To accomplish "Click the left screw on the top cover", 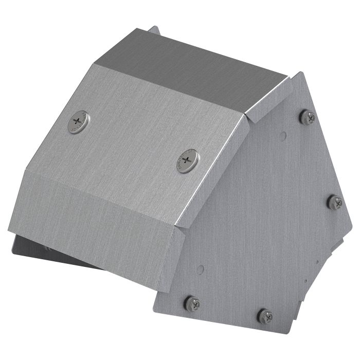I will pyautogui.click(x=78, y=122).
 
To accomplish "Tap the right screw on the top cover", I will pyautogui.click(x=188, y=160).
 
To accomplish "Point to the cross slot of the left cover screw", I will pyautogui.click(x=78, y=121).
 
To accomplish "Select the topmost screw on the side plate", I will pyautogui.click(x=307, y=117).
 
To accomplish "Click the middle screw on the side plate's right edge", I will pyautogui.click(x=335, y=202).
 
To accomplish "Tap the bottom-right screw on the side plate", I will pyautogui.click(x=265, y=315).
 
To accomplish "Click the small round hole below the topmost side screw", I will pyautogui.click(x=283, y=136).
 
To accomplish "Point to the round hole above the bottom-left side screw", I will pyautogui.click(x=201, y=268).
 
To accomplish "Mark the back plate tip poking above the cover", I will pyautogui.click(x=154, y=31).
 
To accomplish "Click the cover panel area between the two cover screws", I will pyautogui.click(x=134, y=141).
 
